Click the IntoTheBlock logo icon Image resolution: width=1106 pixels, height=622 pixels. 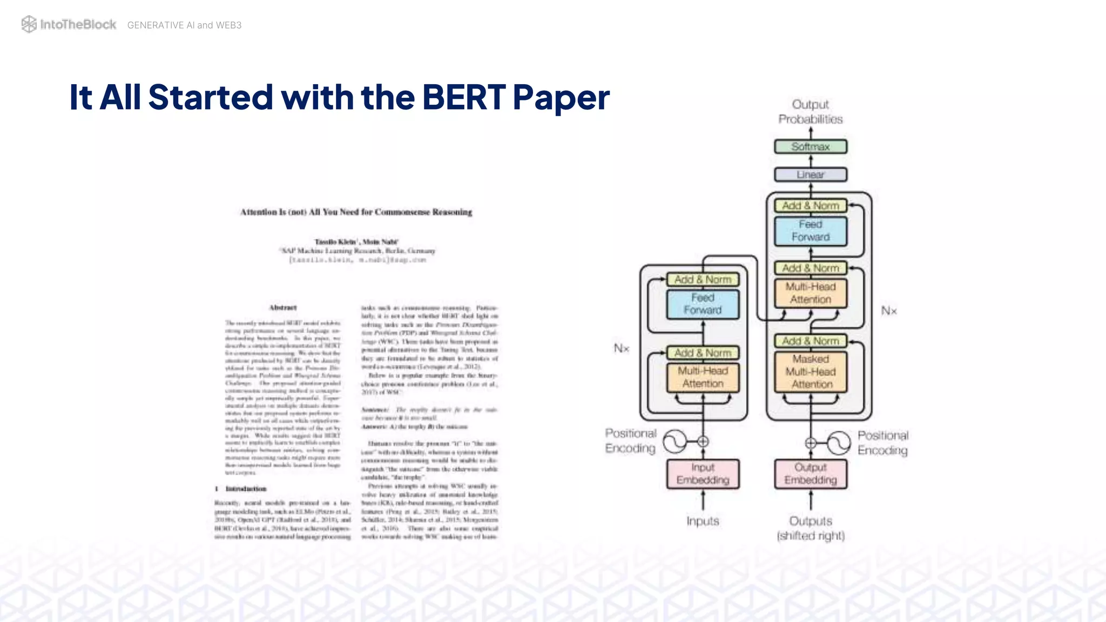pyautogui.click(x=29, y=24)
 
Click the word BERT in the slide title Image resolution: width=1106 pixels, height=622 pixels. pyautogui.click(x=463, y=97)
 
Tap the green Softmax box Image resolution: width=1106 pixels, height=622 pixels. pyautogui.click(x=811, y=146)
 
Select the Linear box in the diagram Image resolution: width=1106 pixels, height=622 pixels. pyautogui.click(x=811, y=174)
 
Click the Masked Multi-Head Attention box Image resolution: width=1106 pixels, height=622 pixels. pyautogui.click(x=811, y=372)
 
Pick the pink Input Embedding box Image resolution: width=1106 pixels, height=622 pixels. pyautogui.click(x=703, y=474)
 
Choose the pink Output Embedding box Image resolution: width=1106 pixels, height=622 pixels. pyautogui.click(x=811, y=474)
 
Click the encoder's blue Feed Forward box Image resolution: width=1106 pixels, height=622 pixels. pyautogui.click(x=703, y=304)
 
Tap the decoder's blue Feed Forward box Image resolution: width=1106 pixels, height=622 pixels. pyautogui.click(x=811, y=231)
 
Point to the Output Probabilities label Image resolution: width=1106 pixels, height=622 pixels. pyautogui.click(x=810, y=112)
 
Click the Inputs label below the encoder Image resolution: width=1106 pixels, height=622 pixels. pyautogui.click(x=703, y=521)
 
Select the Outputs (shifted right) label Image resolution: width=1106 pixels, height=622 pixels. pyautogui.click(x=811, y=528)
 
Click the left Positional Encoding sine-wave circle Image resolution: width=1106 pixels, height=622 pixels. pyautogui.click(x=675, y=442)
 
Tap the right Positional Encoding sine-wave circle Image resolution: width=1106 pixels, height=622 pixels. pyautogui.click(x=839, y=443)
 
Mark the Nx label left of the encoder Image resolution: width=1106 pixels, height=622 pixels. pyautogui.click(x=622, y=348)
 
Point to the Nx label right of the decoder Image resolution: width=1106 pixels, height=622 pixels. pyautogui.click(x=889, y=310)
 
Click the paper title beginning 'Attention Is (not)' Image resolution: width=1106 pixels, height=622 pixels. pyautogui.click(x=356, y=212)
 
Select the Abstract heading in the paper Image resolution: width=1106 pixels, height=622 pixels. pyautogui.click(x=283, y=308)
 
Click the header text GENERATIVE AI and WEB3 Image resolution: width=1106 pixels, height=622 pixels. pyautogui.click(x=184, y=25)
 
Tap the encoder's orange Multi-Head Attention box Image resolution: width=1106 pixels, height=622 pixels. pyautogui.click(x=703, y=377)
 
